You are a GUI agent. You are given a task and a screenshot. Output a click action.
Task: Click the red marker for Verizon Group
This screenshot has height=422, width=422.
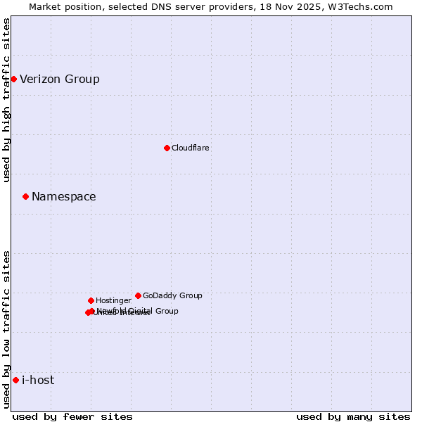point(13,79)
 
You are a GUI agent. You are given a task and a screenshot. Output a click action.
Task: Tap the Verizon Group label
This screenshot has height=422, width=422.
point(60,79)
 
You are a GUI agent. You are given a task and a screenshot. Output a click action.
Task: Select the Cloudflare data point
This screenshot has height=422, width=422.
point(167,148)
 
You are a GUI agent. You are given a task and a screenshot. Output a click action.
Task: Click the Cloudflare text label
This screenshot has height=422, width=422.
point(191,148)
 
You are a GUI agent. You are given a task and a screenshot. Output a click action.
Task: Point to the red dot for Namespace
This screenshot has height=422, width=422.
point(25,196)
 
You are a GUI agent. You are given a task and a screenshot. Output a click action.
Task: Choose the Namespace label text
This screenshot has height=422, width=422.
point(64,197)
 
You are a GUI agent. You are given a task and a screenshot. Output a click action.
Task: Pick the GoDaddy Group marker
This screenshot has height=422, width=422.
point(138,295)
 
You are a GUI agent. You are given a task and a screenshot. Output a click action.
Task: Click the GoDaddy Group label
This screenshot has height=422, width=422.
point(172,295)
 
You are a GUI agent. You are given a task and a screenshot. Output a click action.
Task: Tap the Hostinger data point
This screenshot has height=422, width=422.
point(91,300)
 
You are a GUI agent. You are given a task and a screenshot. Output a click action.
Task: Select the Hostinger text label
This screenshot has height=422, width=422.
point(113,300)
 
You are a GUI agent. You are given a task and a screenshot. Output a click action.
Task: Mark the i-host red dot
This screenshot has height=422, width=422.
point(15,380)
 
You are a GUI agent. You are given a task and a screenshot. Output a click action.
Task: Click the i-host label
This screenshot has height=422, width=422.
point(38,380)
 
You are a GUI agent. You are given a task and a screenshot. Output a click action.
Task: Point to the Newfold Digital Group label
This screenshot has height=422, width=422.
point(141,310)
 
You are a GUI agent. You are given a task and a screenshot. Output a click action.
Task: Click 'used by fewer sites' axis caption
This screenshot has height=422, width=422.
point(72,416)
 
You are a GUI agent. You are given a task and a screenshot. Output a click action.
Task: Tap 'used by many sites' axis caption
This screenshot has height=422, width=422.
point(353,416)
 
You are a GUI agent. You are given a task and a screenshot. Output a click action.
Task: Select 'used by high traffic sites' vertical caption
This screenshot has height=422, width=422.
point(6,100)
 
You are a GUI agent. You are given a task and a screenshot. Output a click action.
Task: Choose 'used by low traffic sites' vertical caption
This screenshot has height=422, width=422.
point(6,329)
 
